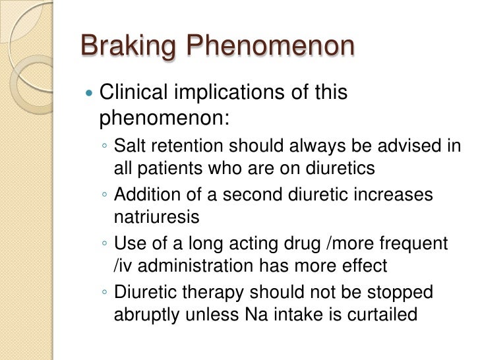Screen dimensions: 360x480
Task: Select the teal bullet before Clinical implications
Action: [90, 94]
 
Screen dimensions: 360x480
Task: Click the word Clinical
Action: [134, 93]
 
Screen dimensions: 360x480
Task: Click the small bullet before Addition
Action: [106, 196]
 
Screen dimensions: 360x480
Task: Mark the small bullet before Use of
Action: [106, 245]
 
